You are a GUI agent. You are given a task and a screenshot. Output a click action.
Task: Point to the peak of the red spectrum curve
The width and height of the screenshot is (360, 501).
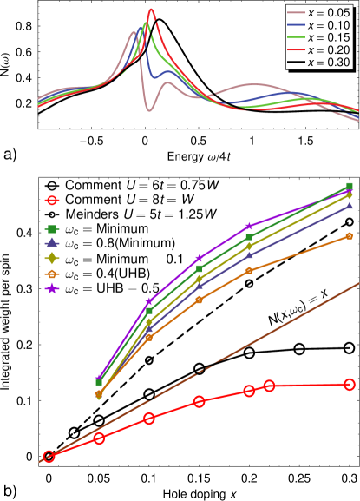pos(152,10)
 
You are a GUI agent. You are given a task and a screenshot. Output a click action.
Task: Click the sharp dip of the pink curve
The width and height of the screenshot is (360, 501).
pos(149,110)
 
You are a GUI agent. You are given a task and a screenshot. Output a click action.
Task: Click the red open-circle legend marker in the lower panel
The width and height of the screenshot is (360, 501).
pos(52,201)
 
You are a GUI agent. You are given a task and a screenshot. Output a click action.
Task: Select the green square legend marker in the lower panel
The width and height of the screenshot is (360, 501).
pos(52,229)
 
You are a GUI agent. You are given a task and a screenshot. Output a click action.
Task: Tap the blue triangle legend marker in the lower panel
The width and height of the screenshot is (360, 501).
pos(52,243)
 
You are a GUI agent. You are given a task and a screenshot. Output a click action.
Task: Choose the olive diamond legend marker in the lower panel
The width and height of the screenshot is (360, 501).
pos(52,258)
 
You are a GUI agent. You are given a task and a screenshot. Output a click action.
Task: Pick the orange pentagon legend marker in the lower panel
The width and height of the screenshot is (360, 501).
pos(52,274)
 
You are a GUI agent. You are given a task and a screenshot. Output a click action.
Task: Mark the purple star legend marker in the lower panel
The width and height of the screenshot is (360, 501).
pos(52,288)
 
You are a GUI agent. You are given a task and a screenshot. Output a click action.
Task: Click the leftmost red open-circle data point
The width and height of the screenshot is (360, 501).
pos(49,457)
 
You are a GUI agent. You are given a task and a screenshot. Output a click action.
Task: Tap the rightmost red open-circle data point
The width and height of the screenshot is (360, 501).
pos(350,384)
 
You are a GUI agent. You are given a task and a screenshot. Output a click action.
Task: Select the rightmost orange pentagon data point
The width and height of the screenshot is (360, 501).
pos(350,235)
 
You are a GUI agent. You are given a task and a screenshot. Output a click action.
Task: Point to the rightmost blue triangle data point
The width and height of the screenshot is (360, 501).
pos(350,206)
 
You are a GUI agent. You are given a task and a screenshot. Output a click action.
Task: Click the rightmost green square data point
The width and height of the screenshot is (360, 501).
pos(350,187)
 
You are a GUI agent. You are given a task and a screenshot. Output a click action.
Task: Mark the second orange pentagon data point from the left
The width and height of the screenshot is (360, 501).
pos(148,337)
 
